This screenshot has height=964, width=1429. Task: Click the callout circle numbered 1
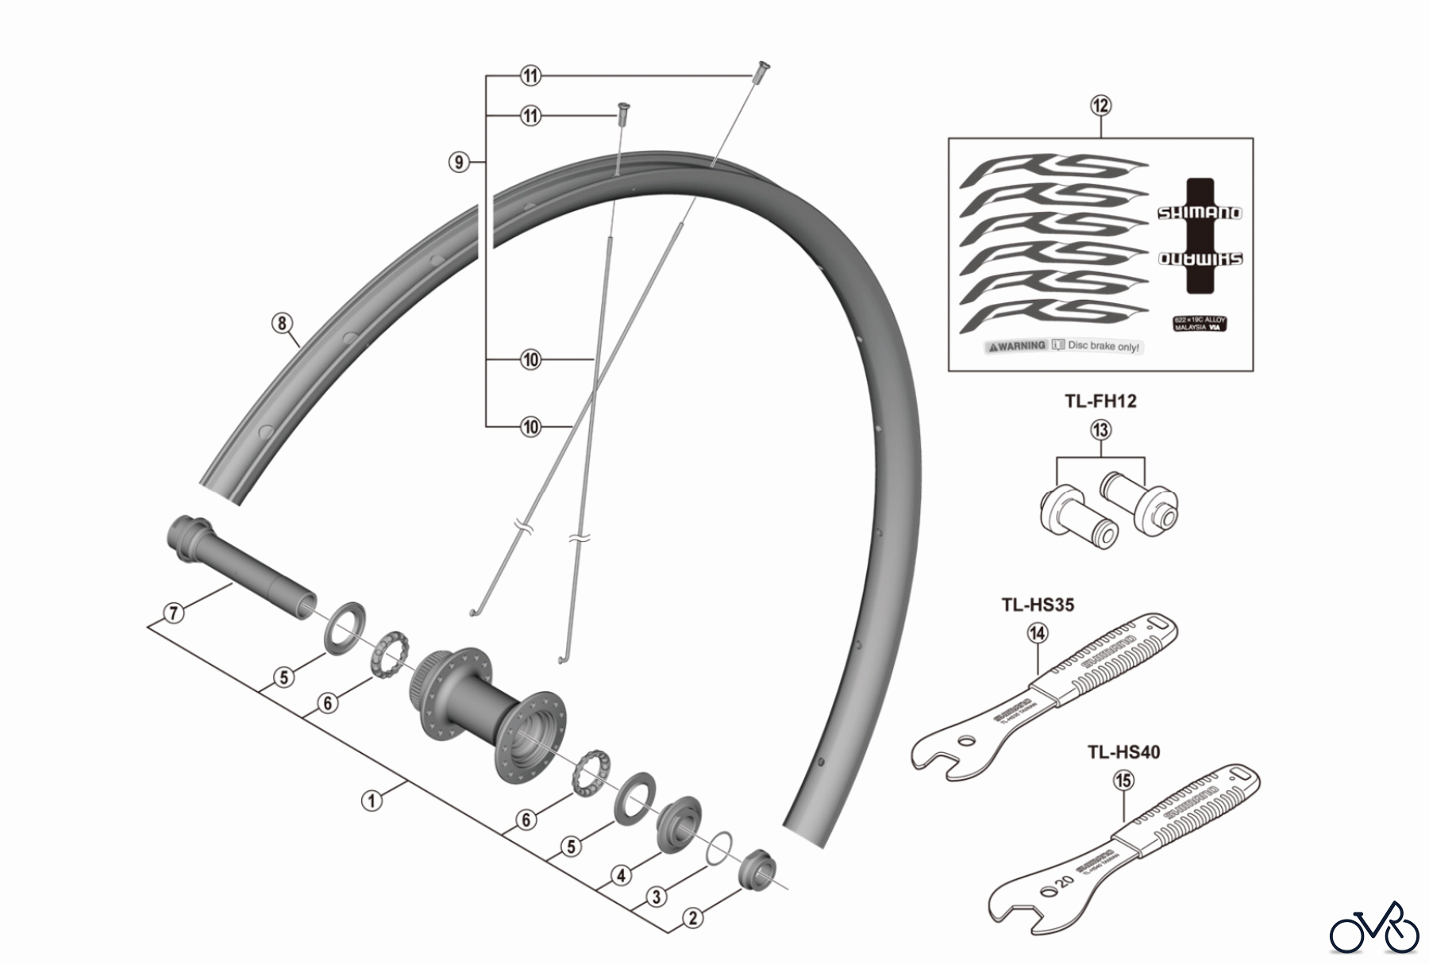[x=372, y=801]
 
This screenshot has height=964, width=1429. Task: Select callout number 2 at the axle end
[x=693, y=918]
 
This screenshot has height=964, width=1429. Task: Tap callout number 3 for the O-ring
[x=656, y=897]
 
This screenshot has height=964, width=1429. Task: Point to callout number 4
[x=621, y=875]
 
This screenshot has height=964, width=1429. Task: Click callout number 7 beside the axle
[x=174, y=613]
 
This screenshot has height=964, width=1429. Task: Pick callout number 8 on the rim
[x=282, y=323]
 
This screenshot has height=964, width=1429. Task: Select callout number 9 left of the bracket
[x=458, y=163]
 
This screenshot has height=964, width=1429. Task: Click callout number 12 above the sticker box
[x=1100, y=106]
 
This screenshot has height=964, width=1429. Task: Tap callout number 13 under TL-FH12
[x=1100, y=430]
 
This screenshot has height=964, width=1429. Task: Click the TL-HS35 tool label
[x=1038, y=605]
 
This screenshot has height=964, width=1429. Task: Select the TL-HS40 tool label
[x=1123, y=751]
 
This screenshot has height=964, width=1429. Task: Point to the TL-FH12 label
[x=1100, y=401]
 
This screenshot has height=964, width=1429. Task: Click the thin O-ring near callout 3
[x=718, y=847]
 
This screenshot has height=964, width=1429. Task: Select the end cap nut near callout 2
[x=757, y=868]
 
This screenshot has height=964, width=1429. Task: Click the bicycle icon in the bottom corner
[x=1374, y=927]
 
